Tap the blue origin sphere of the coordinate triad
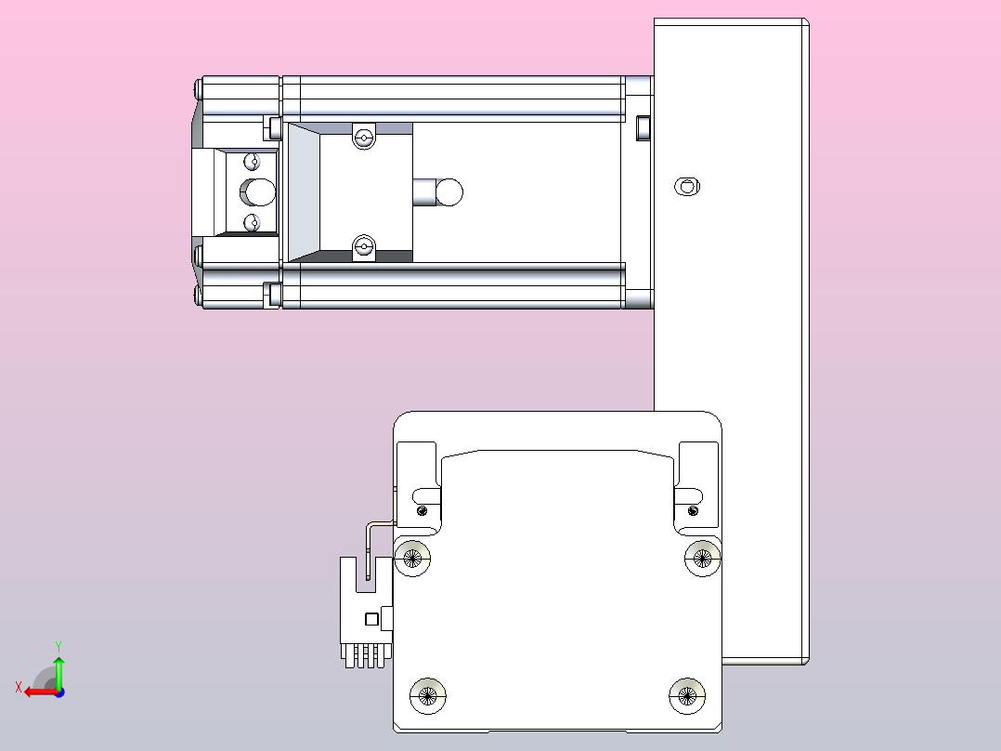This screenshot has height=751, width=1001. (x=58, y=691)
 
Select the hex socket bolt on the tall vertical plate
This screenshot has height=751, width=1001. (x=686, y=186)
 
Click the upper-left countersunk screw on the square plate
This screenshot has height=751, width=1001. (x=413, y=558)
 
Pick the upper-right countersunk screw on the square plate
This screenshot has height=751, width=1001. (x=702, y=558)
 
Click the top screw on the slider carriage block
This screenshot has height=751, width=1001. (x=363, y=139)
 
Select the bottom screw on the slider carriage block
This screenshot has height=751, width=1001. (x=363, y=247)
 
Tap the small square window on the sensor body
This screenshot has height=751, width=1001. (x=371, y=619)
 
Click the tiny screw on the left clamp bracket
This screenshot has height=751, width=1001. (x=423, y=509)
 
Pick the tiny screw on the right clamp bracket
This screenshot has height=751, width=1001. (x=692, y=509)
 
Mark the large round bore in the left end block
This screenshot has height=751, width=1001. (x=259, y=192)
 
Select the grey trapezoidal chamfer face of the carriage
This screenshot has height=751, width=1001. (x=302, y=192)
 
